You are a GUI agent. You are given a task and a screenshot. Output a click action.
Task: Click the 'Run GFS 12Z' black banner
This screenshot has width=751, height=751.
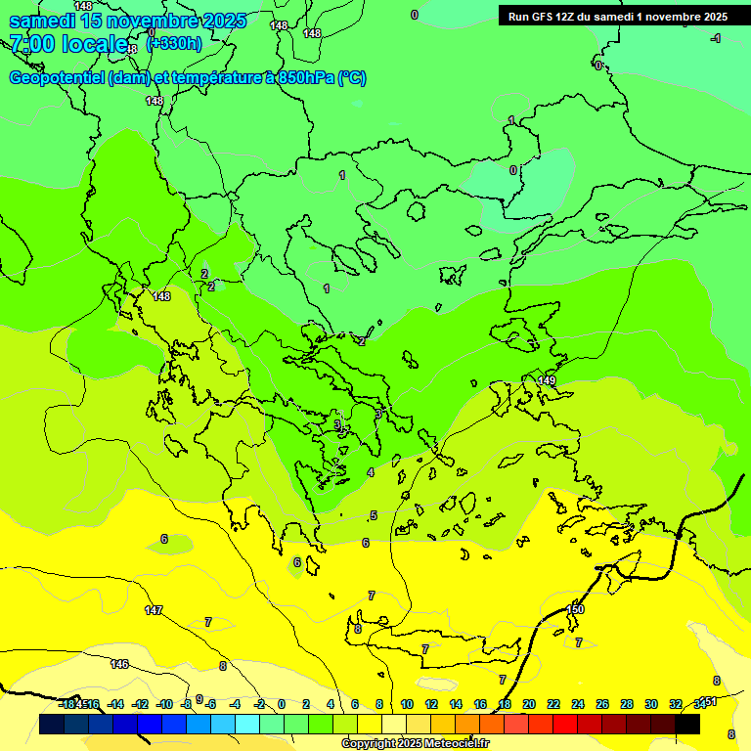pos(618,16)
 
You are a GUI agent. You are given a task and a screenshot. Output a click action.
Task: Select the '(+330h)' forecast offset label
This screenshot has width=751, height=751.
pos(174,43)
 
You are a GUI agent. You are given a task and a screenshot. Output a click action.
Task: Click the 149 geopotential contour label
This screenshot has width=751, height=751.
pos(547,380)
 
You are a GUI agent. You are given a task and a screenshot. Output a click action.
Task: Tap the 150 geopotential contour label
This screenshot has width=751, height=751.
pos(575,609)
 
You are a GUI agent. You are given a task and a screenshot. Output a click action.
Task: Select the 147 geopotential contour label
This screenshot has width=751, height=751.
pos(154,610)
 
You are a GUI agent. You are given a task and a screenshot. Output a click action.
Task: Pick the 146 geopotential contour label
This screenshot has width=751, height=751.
pos(119,664)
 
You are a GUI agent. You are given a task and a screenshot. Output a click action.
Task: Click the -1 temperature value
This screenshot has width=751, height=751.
pos(716,38)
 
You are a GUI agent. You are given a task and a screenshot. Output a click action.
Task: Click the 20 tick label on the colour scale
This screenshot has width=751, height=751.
pos(529,704)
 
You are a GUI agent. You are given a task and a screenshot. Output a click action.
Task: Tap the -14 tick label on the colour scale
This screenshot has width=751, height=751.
pos(114,704)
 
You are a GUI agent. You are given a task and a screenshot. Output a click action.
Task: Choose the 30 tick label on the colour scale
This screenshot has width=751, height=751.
pos(650,704)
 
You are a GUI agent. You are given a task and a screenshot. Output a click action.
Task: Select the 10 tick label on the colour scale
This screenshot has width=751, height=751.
pos(407,704)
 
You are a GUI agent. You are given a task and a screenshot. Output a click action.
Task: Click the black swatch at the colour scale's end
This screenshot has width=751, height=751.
pos(687,724)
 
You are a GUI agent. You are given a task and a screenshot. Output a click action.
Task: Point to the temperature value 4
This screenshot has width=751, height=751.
pos(371,472)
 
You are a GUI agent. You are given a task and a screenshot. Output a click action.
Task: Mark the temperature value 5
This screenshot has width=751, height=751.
pos(374,515)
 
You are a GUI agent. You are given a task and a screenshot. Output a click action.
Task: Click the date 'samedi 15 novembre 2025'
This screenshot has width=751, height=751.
pos(127,21)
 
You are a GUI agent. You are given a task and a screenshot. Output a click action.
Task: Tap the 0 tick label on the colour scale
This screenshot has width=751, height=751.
pos(282,704)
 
